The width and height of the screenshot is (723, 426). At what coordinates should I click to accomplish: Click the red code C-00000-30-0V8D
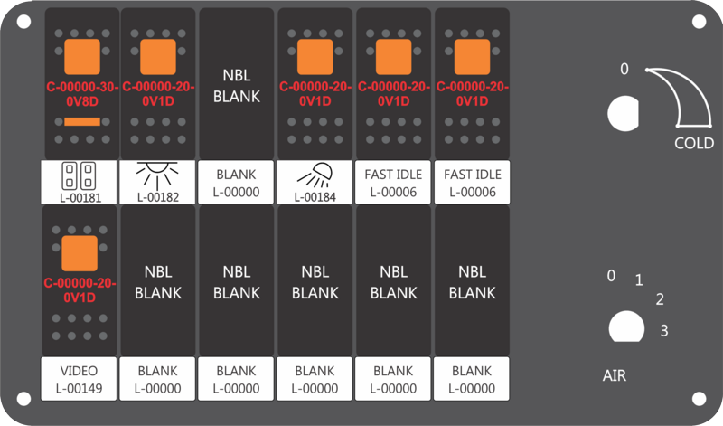tap(82, 94)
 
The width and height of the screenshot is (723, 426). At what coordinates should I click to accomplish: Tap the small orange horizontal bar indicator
tap(82, 122)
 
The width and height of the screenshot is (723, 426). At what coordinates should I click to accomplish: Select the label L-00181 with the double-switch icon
tap(79, 183)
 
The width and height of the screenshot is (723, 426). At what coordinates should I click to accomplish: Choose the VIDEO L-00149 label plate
tap(79, 379)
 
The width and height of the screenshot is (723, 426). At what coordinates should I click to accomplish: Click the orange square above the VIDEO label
tap(80, 253)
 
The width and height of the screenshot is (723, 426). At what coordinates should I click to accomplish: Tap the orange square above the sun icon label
tap(157, 57)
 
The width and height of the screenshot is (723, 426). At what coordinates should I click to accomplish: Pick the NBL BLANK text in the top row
tap(237, 86)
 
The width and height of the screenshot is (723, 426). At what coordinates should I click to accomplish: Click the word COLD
tap(694, 143)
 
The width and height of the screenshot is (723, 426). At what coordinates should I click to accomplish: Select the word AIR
tap(615, 375)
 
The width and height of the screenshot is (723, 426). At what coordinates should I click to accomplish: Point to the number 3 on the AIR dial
tap(664, 330)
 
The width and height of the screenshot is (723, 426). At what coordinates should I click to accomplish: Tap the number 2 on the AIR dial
tap(660, 299)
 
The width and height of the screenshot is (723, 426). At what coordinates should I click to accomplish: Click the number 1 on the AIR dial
tap(639, 279)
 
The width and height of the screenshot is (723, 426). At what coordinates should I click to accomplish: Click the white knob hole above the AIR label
tap(626, 327)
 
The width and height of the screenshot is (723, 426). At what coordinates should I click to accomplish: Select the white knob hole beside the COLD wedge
tap(623, 114)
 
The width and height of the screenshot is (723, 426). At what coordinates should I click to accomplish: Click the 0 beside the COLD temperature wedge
tap(624, 70)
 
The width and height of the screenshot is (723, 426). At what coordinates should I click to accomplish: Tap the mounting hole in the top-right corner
tap(699, 21)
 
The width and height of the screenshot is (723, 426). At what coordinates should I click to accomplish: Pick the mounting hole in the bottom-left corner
tap(23, 398)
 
